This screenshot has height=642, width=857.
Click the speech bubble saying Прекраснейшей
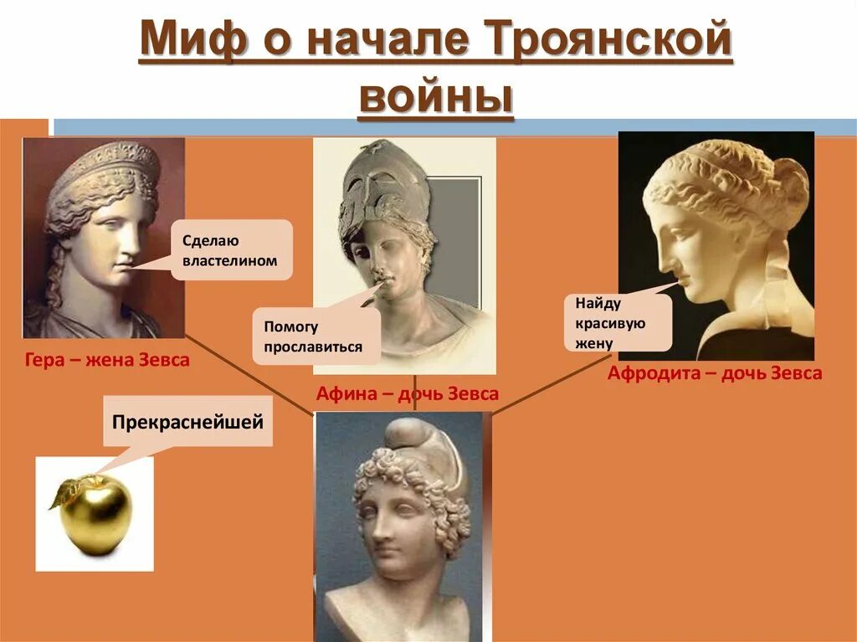pyautogui.click(x=187, y=422)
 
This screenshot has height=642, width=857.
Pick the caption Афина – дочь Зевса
pyautogui.click(x=407, y=393)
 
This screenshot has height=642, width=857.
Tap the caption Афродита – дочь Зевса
pyautogui.click(x=714, y=373)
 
